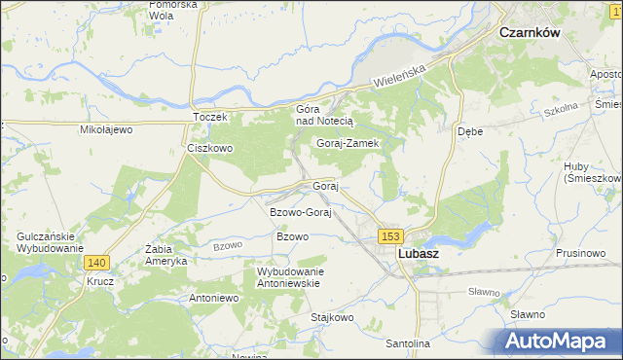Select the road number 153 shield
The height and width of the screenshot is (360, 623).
pos(391,236)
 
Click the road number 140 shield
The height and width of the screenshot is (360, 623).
pos(96,263)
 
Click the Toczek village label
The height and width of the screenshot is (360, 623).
pos(209,117)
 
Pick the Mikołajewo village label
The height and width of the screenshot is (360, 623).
pos(105,129)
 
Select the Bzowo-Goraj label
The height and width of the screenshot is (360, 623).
pos(301,212)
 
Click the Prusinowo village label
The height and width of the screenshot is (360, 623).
pos(581,253)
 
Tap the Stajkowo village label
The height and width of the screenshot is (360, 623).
pos(330,317)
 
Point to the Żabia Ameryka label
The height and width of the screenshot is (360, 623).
pos(165,255)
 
